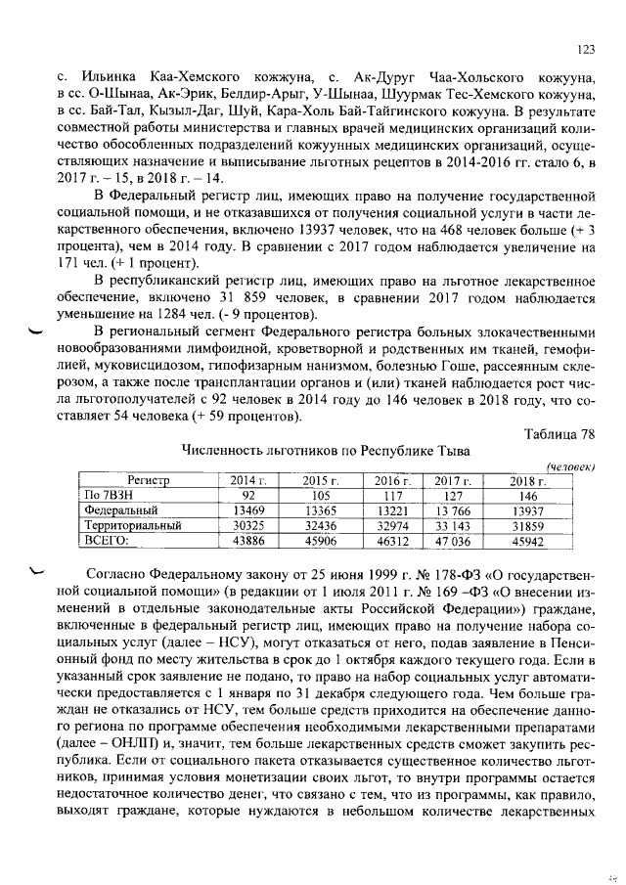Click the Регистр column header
tap(148, 480)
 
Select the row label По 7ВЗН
tap(106, 495)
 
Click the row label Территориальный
tap(133, 524)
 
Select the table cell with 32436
tap(319, 524)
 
